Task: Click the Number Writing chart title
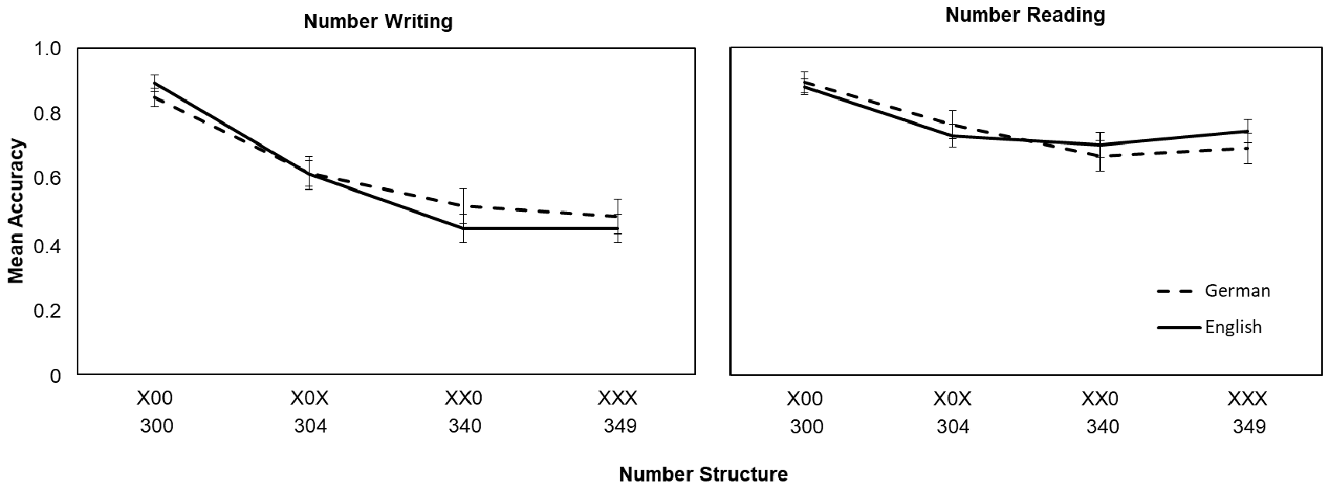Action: pyautogui.click(x=378, y=22)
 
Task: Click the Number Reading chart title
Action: pyautogui.click(x=1025, y=16)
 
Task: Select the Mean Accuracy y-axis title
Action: pyautogui.click(x=16, y=211)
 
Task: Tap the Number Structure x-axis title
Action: pyautogui.click(x=703, y=474)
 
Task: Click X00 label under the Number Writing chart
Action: pyautogui.click(x=155, y=398)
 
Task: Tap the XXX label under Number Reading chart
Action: pyautogui.click(x=1247, y=398)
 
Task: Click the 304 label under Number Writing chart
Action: pyautogui.click(x=310, y=426)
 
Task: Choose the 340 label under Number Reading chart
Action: pyautogui.click(x=1102, y=427)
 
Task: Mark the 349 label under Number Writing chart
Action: pyautogui.click(x=621, y=426)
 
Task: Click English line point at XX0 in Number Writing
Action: pyautogui.click(x=463, y=228)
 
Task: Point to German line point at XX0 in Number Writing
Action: pyautogui.click(x=463, y=206)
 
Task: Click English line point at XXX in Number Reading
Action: pyautogui.click(x=1248, y=131)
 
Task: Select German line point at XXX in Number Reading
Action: pyautogui.click(x=1248, y=148)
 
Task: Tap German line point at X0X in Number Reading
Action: pyautogui.click(x=953, y=125)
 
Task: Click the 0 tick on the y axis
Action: pyautogui.click(x=55, y=376)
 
